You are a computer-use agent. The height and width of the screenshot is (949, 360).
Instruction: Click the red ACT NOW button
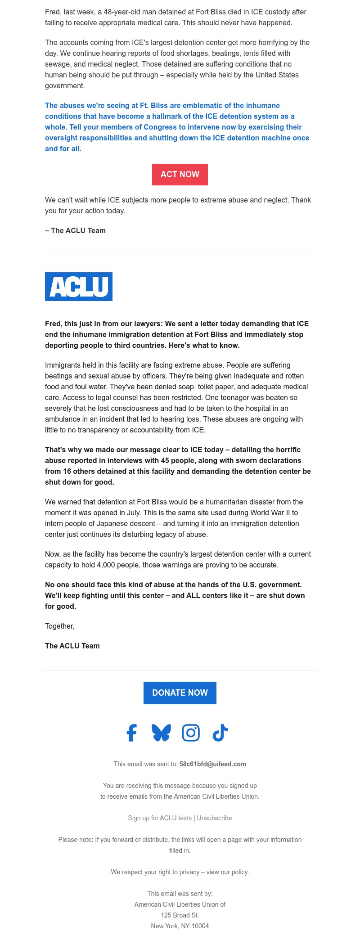[180, 175]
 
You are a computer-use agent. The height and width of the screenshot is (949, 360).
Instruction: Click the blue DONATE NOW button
[180, 693]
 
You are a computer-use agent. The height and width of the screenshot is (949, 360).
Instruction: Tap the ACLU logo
[79, 287]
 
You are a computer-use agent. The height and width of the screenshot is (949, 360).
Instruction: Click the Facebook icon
[131, 733]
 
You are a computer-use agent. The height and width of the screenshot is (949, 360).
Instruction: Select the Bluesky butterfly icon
[161, 733]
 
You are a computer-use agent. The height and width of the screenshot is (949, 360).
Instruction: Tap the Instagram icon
[191, 733]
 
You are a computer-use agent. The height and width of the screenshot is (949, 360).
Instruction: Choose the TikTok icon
[220, 733]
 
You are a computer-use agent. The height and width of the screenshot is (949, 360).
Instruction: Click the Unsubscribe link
[214, 818]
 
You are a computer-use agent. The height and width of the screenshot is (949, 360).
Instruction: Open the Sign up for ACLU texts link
[160, 818]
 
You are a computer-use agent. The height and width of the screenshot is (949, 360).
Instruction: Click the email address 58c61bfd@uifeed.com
[213, 764]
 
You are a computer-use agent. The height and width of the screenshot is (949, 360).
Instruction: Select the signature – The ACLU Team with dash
[75, 230]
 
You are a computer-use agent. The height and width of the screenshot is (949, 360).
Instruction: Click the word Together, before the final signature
[60, 626]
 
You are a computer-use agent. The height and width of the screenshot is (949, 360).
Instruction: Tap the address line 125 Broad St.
[180, 915]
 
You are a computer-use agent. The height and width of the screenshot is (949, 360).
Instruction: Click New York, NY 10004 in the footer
[180, 926]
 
